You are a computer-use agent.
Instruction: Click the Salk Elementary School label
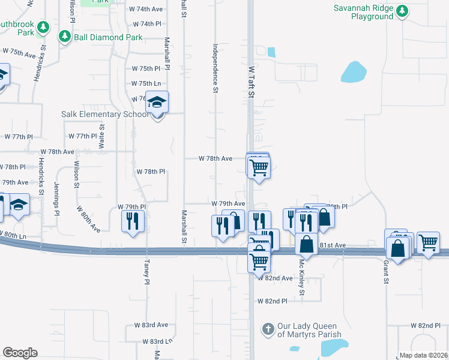point(104,114)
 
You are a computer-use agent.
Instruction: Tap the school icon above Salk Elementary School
point(157,104)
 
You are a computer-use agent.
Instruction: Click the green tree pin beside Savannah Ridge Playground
point(403,11)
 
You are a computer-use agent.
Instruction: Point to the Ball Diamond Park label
point(108,37)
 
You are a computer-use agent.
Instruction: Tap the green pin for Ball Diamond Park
point(65,37)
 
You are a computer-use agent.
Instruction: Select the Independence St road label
point(214,68)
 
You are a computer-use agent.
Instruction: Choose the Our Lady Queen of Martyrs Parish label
point(309,330)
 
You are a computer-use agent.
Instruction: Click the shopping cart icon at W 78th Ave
point(259,167)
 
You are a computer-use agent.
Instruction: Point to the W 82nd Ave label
point(275,278)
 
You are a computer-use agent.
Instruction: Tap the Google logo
point(20,353)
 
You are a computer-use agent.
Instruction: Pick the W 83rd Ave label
point(147,325)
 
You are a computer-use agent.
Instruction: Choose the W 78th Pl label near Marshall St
point(150,172)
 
